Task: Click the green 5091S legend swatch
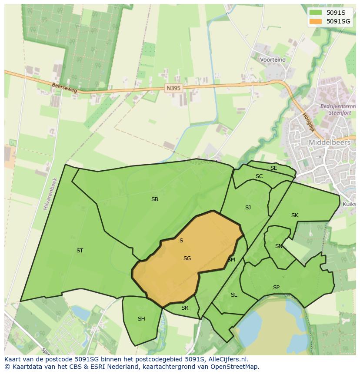click(316, 13)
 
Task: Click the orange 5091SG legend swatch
click(316, 21)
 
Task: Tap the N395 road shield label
click(173, 88)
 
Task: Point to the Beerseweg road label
click(64, 88)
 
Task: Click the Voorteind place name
click(273, 60)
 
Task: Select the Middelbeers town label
click(329, 142)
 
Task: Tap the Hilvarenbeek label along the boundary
click(50, 194)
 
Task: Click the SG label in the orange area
click(187, 258)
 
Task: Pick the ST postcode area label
click(80, 251)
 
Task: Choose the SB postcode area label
click(154, 199)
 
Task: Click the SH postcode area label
click(141, 319)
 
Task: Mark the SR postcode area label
click(185, 308)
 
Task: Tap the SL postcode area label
click(234, 295)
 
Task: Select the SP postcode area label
click(276, 288)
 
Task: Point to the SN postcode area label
click(279, 246)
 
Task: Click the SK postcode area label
click(295, 215)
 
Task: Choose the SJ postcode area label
click(248, 208)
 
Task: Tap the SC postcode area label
click(259, 176)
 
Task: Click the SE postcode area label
click(273, 168)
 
